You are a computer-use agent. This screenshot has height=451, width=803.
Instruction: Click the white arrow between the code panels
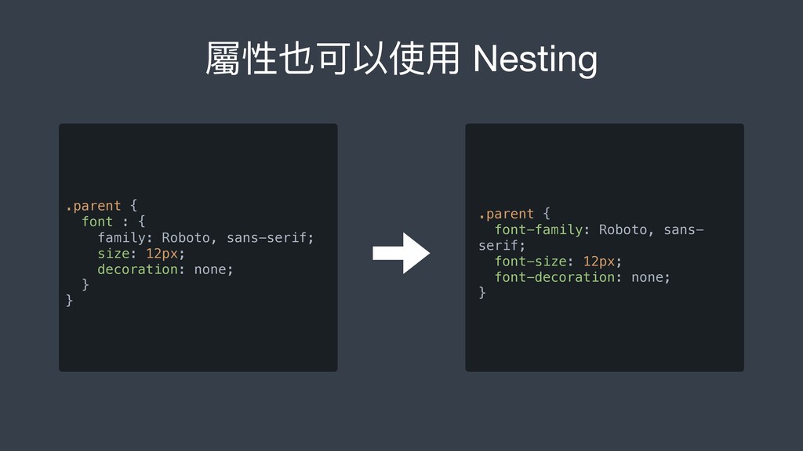401,253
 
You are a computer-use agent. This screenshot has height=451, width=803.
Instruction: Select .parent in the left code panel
93,206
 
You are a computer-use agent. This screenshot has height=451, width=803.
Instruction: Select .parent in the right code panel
506,214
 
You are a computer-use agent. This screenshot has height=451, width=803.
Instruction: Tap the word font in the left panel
97,222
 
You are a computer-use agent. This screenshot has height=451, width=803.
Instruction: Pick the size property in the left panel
113,253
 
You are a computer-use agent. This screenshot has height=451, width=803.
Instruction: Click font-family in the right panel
538,229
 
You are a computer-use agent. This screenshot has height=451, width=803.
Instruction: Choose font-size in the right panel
530,261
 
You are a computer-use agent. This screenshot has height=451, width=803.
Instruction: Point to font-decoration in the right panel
554,277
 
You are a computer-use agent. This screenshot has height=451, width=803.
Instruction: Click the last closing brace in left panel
70,301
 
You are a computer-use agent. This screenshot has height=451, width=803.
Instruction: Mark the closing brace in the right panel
482,293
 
